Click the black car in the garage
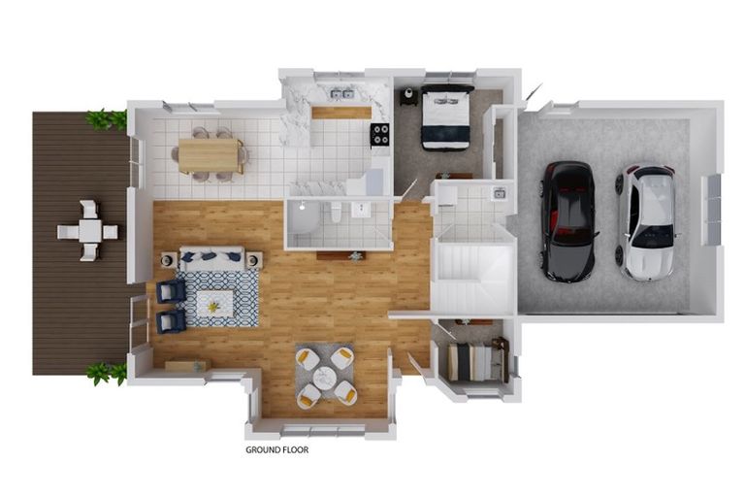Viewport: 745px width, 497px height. (x=568, y=221)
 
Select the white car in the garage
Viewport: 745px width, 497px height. (x=647, y=222)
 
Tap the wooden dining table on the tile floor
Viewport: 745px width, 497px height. (x=210, y=155)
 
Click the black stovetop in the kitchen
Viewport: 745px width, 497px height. (x=379, y=134)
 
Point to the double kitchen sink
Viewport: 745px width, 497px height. (x=342, y=94)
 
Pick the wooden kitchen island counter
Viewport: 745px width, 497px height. (x=341, y=113)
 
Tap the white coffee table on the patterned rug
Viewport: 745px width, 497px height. (x=214, y=304)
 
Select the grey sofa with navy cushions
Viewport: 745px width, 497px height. (x=211, y=258)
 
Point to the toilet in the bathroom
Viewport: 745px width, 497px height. (x=336, y=213)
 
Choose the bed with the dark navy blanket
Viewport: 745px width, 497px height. (x=445, y=116)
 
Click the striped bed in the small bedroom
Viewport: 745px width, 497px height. (x=474, y=362)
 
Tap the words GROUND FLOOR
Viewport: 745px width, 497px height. (x=277, y=449)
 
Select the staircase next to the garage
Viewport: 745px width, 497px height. (x=472, y=278)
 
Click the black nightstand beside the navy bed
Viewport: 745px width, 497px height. (x=408, y=96)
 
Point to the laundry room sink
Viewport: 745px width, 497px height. (x=499, y=193)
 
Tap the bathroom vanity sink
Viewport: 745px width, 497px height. (x=361, y=210)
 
